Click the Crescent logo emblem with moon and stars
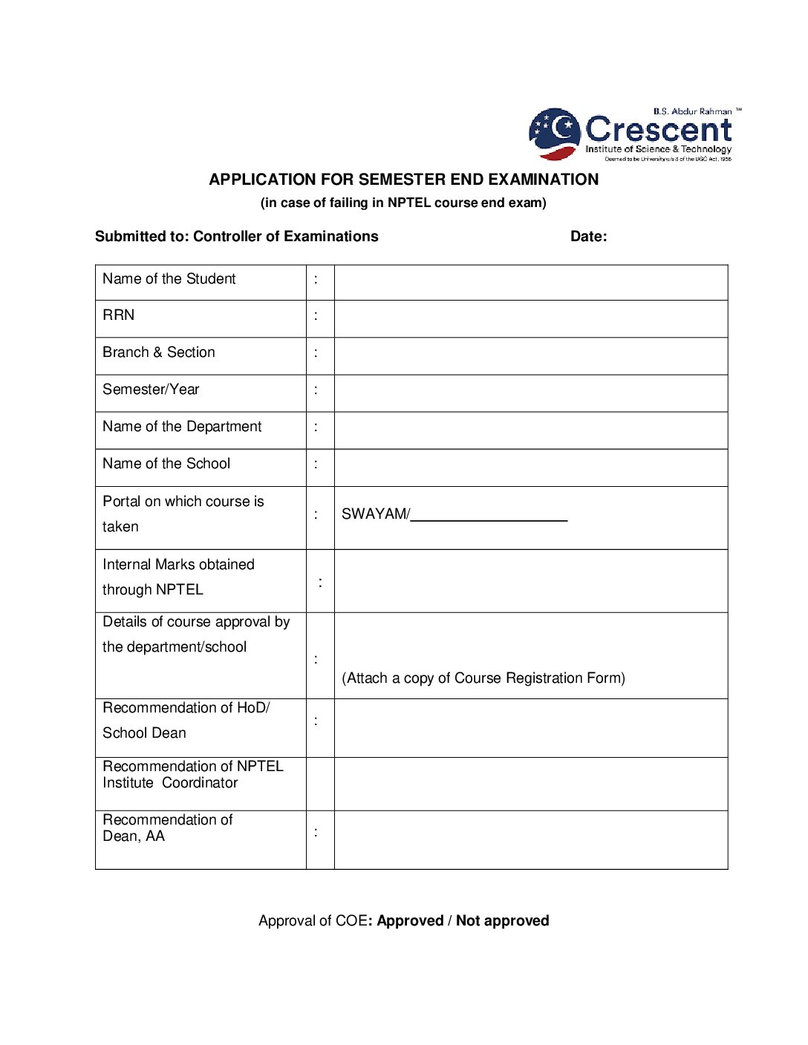pyautogui.click(x=554, y=134)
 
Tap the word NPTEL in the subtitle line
pyautogui.click(x=408, y=203)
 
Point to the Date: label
pyautogui.click(x=588, y=237)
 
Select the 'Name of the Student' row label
pyautogui.click(x=169, y=279)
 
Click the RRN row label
pyautogui.click(x=119, y=315)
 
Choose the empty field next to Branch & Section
pyautogui.click(x=530, y=356)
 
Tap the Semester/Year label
pyautogui.click(x=151, y=390)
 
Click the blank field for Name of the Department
pyautogui.click(x=530, y=430)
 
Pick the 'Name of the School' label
pyautogui.click(x=166, y=464)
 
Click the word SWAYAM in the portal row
pyautogui.click(x=374, y=514)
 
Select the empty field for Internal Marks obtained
pyautogui.click(x=530, y=581)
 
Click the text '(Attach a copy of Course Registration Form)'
pyautogui.click(x=483, y=678)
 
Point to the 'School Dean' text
pyautogui.click(x=144, y=733)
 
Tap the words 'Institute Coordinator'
pyautogui.click(x=170, y=783)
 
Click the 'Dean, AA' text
pyautogui.click(x=134, y=836)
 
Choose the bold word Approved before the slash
pyautogui.click(x=410, y=921)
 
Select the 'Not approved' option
pyautogui.click(x=502, y=921)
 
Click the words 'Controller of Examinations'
pyautogui.click(x=285, y=237)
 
